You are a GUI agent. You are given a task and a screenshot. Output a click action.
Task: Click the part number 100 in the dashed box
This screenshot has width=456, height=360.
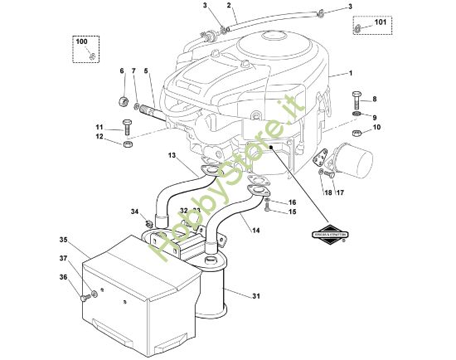click(80, 41)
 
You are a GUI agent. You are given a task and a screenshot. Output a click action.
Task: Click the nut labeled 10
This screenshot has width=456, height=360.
click(355, 133)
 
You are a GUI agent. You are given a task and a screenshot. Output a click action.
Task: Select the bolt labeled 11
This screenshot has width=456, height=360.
click(126, 127)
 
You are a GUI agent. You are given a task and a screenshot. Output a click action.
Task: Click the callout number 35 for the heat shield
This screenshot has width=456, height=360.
click(62, 240)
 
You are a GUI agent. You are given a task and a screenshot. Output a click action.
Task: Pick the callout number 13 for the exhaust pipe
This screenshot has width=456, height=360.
click(171, 156)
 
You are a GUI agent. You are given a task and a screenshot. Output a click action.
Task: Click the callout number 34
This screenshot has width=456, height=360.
click(134, 212)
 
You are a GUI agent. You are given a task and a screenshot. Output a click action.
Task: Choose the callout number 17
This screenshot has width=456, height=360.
click(340, 193)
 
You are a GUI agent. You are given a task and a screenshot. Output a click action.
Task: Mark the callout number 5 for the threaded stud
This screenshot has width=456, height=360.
click(147, 71)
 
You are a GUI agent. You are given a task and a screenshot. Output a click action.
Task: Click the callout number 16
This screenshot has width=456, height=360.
click(292, 202)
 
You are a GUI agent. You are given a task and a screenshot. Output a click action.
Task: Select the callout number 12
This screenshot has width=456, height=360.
click(99, 138)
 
